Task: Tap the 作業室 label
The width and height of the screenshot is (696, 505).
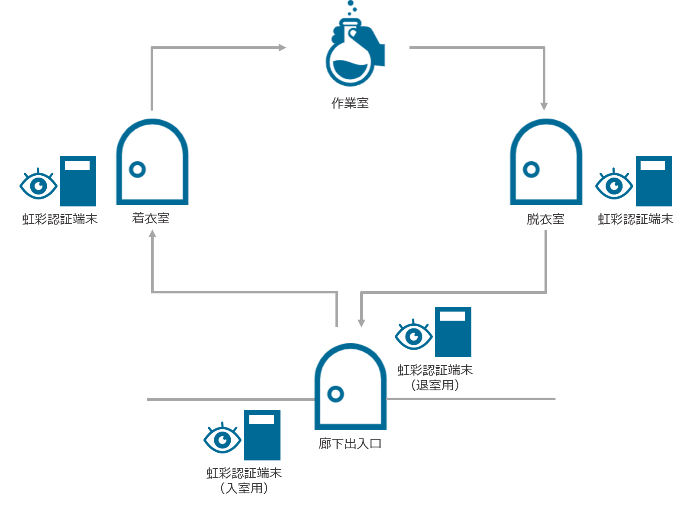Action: click(350, 103)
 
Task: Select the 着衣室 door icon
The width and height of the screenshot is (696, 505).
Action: click(152, 162)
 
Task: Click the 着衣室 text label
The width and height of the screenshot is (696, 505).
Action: click(151, 219)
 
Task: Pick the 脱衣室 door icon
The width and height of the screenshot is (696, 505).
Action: click(546, 162)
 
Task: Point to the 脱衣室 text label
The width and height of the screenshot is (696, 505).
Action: click(545, 219)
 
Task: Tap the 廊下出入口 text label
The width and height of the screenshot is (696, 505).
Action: click(350, 444)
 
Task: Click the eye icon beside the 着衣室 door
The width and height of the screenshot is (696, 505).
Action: click(39, 185)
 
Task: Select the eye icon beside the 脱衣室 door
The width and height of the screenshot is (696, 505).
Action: click(614, 185)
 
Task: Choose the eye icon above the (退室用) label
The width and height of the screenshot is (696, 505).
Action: click(414, 335)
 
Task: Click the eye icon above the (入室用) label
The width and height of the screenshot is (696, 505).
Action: click(222, 439)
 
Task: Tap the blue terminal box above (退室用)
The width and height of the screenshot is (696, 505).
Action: click(453, 332)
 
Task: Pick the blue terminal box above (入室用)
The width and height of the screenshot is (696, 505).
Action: click(262, 435)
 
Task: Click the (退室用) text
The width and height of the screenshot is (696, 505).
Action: click(435, 385)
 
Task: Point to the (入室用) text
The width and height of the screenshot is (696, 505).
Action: click(244, 488)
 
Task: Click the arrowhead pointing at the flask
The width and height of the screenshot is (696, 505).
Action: click(282, 47)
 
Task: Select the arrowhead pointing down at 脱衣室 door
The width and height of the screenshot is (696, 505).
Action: click(544, 106)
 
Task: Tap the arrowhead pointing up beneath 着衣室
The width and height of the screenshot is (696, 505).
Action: click(152, 234)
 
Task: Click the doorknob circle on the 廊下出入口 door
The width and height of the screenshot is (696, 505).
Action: click(335, 394)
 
